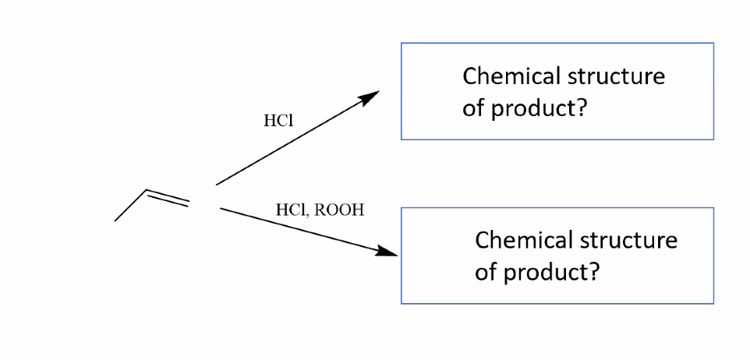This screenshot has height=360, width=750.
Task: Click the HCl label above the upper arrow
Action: (x=278, y=121)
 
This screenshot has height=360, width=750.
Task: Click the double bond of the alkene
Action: (x=166, y=198)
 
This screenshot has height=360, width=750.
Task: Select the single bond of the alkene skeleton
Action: (x=130, y=205)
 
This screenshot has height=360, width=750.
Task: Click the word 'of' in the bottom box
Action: (x=484, y=273)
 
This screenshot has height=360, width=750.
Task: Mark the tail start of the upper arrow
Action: (x=218, y=183)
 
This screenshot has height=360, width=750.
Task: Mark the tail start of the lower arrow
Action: (x=221, y=209)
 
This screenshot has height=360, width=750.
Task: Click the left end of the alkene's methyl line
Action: (x=115, y=221)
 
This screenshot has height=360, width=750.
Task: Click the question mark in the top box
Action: (x=581, y=108)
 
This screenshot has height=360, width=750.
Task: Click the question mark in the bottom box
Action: (x=593, y=273)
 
